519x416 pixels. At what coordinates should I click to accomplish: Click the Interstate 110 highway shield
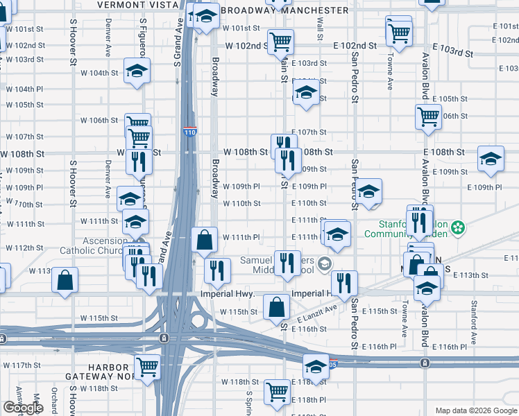[189, 131]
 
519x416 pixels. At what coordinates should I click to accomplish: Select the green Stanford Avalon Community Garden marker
[458, 227]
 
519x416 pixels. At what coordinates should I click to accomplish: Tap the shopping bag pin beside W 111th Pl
[205, 241]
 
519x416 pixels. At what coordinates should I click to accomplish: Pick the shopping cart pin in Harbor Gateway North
[148, 367]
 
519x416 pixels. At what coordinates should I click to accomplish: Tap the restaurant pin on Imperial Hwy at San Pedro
[343, 283]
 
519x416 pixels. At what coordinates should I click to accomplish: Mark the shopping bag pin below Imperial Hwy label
[276, 308]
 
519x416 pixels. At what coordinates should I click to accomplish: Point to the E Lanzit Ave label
[317, 313]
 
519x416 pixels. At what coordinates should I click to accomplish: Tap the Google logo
[23, 408]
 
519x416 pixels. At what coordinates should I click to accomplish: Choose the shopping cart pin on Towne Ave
[399, 32]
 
